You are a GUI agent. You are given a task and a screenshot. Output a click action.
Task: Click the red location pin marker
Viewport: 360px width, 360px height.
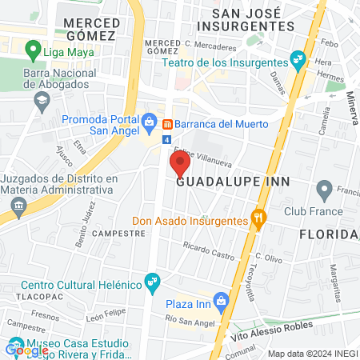tap(178, 164)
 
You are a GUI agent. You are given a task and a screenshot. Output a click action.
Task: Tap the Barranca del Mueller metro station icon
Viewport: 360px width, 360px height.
tap(168, 124)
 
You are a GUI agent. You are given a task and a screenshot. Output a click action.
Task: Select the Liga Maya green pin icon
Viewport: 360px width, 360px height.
tap(33, 51)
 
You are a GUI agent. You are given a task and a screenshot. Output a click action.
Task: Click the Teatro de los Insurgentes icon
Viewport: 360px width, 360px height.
tap(298, 58)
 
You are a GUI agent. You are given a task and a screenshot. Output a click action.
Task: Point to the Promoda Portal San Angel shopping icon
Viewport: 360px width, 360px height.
tap(149, 121)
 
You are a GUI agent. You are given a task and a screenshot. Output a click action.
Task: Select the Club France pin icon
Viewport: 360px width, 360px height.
tap(324, 190)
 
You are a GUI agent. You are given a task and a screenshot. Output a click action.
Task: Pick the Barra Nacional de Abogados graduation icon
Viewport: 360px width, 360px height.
tap(41, 100)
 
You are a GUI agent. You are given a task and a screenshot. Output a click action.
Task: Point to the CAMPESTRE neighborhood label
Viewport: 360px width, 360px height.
tap(119, 233)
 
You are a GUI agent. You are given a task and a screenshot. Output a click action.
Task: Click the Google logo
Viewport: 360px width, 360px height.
tap(26, 350)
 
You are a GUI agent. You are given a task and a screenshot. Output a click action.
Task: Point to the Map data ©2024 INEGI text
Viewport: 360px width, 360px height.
tap(311, 354)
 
